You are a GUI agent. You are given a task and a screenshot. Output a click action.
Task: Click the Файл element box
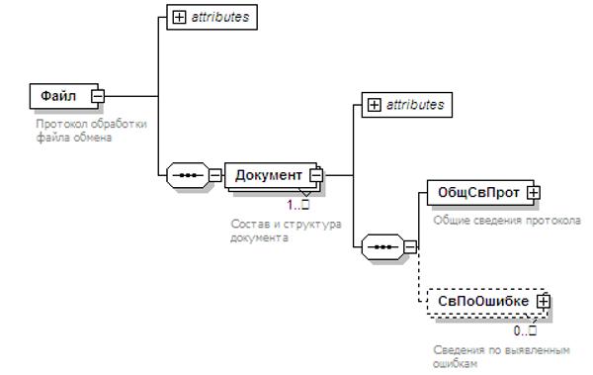[64, 96]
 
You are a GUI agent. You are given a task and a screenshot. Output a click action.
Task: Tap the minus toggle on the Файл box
[98, 96]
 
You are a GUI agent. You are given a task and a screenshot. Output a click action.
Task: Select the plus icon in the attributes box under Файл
[179, 17]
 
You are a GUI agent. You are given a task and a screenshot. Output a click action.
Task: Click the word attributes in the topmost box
[220, 17]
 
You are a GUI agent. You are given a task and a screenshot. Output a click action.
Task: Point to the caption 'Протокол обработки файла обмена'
[91, 131]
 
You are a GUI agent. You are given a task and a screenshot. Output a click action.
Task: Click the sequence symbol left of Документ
[188, 175]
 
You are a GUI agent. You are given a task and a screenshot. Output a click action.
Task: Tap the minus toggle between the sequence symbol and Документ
[215, 175]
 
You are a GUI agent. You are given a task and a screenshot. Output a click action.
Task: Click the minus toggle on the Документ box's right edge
[316, 175]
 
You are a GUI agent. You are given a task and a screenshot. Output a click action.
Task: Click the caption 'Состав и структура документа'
[286, 231]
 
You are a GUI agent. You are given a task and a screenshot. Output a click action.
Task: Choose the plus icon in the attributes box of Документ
[374, 105]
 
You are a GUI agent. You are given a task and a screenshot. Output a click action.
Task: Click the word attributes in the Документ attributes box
[415, 105]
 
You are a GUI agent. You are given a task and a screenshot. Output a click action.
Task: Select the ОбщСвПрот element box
[480, 193]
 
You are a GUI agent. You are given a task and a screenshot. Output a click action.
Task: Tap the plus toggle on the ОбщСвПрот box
[534, 193]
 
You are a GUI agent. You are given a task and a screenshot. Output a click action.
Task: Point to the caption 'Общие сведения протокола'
[507, 221]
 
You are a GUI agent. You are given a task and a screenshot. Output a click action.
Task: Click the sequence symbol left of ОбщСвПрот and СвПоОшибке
[382, 247]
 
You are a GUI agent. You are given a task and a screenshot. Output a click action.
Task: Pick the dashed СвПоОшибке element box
[487, 302]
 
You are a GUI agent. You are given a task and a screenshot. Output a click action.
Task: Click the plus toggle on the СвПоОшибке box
[544, 302]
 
